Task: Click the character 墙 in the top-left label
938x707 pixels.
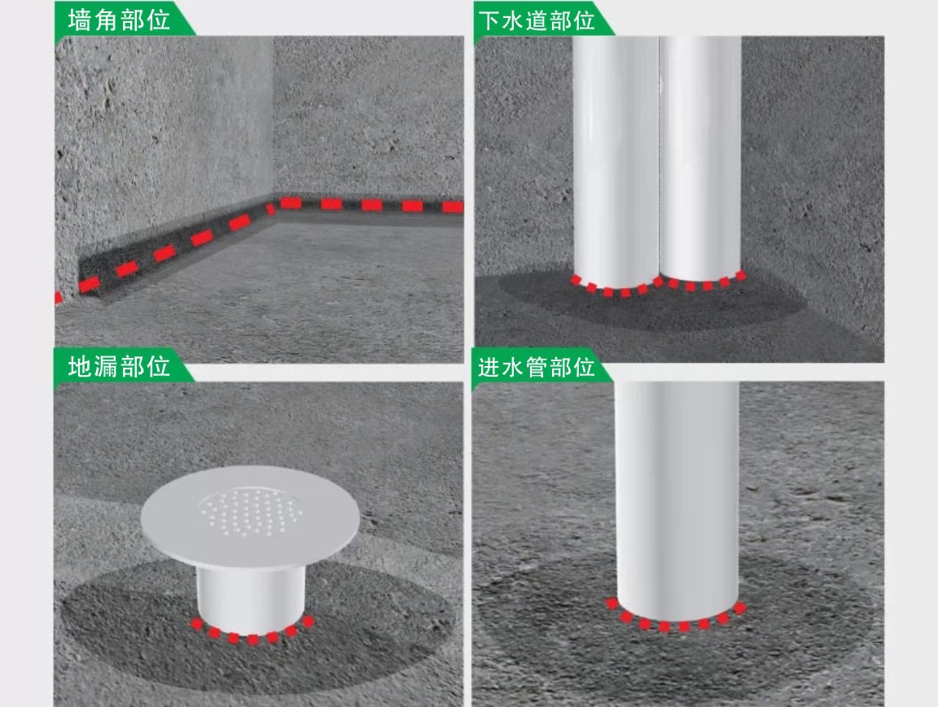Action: coord(80,20)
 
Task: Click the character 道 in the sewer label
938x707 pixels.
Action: coord(537,20)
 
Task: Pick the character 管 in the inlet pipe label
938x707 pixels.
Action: coord(537,366)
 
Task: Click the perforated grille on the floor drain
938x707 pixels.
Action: coord(250,511)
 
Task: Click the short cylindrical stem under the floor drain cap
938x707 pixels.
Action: coord(250,598)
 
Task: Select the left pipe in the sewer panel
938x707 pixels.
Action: coord(616,161)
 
